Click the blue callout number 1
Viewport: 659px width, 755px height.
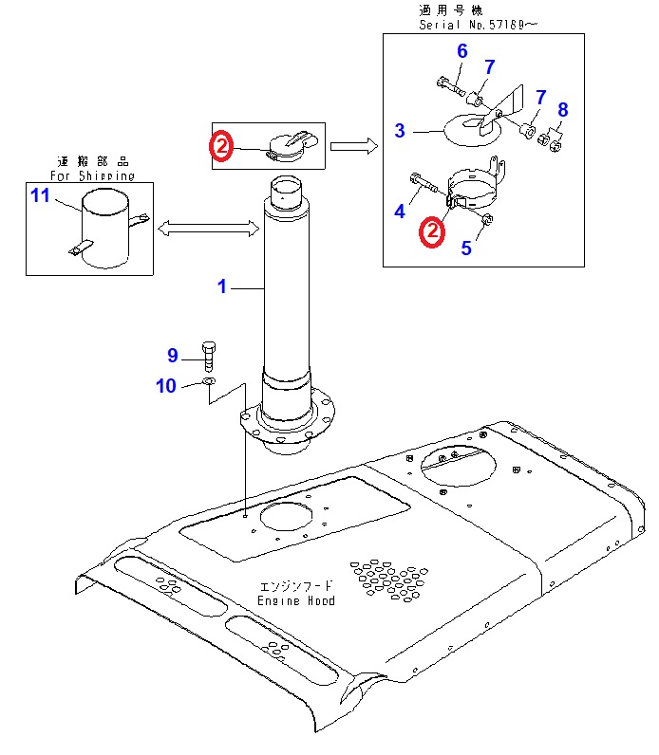coord(222,285)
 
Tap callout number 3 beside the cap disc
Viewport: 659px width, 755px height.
coord(400,130)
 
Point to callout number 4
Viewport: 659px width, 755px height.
coord(400,212)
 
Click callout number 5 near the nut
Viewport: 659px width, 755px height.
coord(465,249)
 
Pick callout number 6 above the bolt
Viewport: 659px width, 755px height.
coord(462,50)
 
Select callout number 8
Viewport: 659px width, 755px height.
coord(562,110)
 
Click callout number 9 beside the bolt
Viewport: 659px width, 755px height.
coord(173,356)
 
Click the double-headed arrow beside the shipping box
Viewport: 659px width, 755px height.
coord(209,228)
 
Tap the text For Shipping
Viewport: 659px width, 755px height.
coord(92,175)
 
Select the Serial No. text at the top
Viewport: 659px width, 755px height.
coord(478,25)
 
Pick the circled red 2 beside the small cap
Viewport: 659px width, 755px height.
coord(221,146)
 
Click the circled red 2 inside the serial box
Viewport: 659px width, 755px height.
coord(432,231)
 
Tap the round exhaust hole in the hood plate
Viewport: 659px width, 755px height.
coord(284,517)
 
